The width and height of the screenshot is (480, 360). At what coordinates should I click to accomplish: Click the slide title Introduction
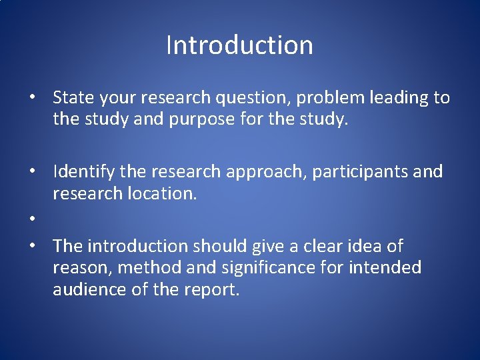tap(239, 45)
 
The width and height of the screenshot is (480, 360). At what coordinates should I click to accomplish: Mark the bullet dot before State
tap(32, 99)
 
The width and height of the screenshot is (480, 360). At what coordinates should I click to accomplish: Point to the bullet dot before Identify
tap(32, 173)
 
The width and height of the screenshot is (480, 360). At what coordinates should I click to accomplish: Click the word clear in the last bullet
tap(318, 246)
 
